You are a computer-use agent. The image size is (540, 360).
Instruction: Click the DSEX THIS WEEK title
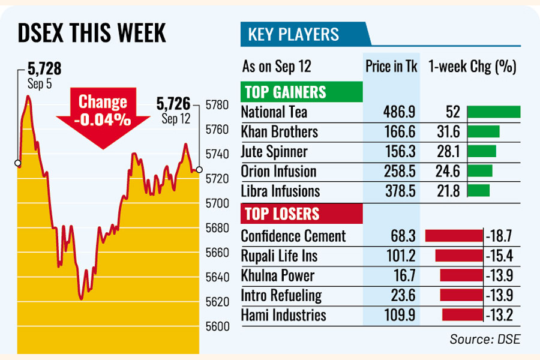pos(91,34)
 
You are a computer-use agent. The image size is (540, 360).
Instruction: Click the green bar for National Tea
pos(493,112)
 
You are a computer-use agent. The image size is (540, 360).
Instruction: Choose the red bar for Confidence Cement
pos(454,236)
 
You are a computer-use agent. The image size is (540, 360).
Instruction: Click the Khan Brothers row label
pos(279,132)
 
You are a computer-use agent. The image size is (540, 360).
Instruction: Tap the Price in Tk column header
pos(391,66)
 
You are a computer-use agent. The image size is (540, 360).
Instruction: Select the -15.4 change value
pos(500,256)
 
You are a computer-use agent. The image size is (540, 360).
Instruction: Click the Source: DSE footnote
pos(485,339)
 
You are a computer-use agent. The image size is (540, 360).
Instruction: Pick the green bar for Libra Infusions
pos(478,191)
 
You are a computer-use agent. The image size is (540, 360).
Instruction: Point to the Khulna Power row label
pos(277,276)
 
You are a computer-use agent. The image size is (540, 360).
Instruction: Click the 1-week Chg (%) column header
pos(473,66)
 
